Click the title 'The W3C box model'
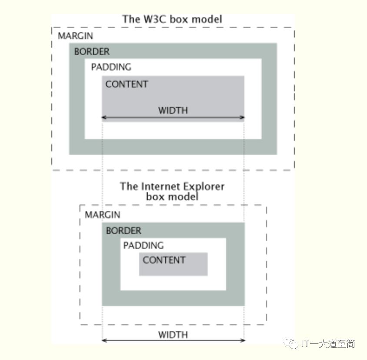coord(172,19)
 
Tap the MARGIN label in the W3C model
coord(75,36)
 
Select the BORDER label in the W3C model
coord(92,51)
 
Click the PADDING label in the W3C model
coord(111,67)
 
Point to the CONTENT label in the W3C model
coord(127,84)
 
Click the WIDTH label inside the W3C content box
coord(173,110)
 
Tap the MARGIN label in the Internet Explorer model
coord(102,215)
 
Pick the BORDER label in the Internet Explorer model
coord(123,231)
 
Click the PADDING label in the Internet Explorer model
coord(143,246)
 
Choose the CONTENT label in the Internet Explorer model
coord(164,260)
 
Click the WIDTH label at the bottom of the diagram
coord(173,335)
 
